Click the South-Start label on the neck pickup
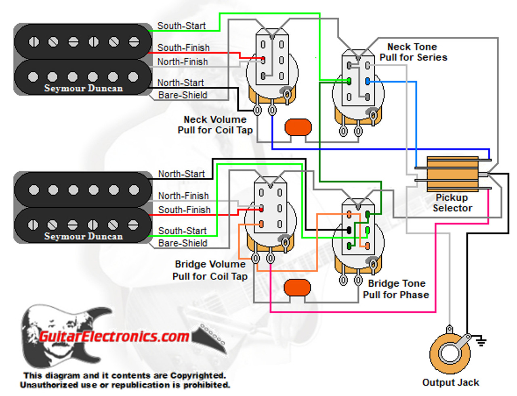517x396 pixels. pos(181,26)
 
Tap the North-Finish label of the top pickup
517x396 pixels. pos(183,62)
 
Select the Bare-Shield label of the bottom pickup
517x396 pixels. pos(183,243)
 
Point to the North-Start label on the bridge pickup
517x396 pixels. pos(181,174)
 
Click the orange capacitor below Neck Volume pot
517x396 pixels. pos(298,127)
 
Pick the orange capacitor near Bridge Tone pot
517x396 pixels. pos(297,288)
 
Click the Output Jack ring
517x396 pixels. pos(450,354)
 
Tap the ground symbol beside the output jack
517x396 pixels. pos(480,342)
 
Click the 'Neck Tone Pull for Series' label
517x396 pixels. pos(413,52)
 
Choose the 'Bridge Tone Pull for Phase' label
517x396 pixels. pos(396,289)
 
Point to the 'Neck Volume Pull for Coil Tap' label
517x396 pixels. pos(215,125)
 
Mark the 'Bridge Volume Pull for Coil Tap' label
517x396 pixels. pos(210,270)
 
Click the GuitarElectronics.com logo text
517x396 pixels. pos(114,336)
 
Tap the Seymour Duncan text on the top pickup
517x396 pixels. pos(83,88)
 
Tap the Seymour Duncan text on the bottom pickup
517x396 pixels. pos(83,236)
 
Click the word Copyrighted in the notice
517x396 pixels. pos(198,375)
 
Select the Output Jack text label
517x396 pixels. pos(450,382)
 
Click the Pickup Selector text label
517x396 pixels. pos(452,203)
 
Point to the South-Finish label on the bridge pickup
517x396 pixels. pos(184,210)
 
